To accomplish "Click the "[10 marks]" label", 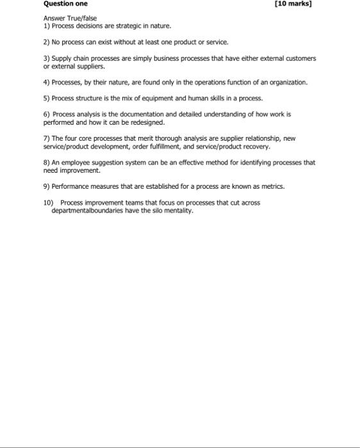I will pyautogui.click(x=293, y=4).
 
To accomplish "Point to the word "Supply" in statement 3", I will pyautogui.click(x=61, y=58).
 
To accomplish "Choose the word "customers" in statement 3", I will pyautogui.click(x=301, y=58).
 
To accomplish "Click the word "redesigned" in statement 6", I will pyautogui.click(x=147, y=122).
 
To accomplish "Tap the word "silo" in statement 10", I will pyautogui.click(x=155, y=210).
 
